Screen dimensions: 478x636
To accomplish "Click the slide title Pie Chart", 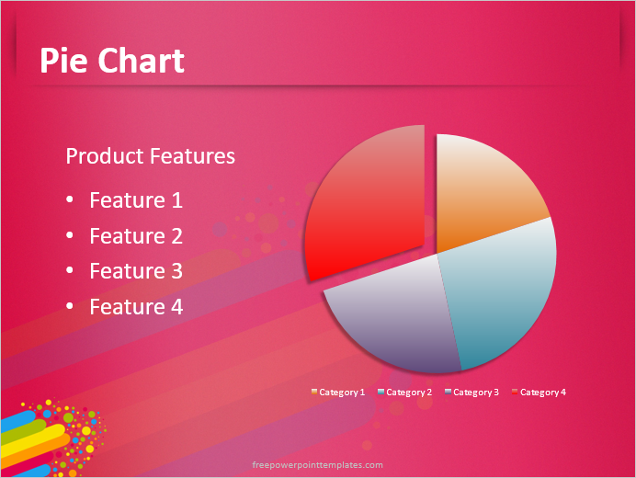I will pyautogui.click(x=112, y=61).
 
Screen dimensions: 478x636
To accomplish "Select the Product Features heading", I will pyautogui.click(x=150, y=156).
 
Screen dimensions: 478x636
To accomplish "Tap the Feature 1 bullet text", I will pyautogui.click(x=136, y=200).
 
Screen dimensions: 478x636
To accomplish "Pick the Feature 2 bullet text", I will pyautogui.click(x=136, y=236).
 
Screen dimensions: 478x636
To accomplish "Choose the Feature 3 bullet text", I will pyautogui.click(x=136, y=271).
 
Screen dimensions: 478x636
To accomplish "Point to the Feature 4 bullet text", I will pyautogui.click(x=136, y=307).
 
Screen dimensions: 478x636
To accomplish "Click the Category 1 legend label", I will pyautogui.click(x=342, y=393).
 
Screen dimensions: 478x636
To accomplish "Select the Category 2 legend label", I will pyautogui.click(x=409, y=393).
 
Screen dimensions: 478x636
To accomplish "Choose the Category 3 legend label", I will pyautogui.click(x=476, y=393).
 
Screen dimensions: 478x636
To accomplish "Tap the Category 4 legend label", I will pyautogui.click(x=543, y=393).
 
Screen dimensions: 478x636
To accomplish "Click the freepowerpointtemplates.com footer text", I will pyautogui.click(x=318, y=465).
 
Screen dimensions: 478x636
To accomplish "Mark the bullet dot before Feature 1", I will pyautogui.click(x=72, y=201).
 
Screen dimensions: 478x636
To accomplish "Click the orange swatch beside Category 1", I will pyautogui.click(x=314, y=393).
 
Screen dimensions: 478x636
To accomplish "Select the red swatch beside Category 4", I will pyautogui.click(x=515, y=393).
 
